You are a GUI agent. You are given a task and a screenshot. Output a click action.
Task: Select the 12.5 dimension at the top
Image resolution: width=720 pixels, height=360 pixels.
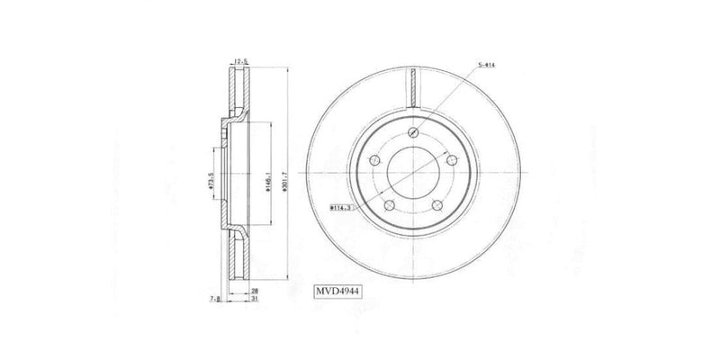click(241, 61)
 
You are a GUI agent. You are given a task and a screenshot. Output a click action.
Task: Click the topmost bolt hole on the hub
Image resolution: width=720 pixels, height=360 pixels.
click(413, 133)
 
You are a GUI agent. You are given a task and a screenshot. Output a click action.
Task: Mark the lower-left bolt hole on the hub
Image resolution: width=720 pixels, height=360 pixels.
click(390, 206)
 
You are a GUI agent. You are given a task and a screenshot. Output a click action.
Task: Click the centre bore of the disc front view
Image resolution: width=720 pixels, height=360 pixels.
click(413, 173)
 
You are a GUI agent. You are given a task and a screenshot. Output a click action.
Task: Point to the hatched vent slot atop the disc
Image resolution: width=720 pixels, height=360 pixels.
click(413, 88)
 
